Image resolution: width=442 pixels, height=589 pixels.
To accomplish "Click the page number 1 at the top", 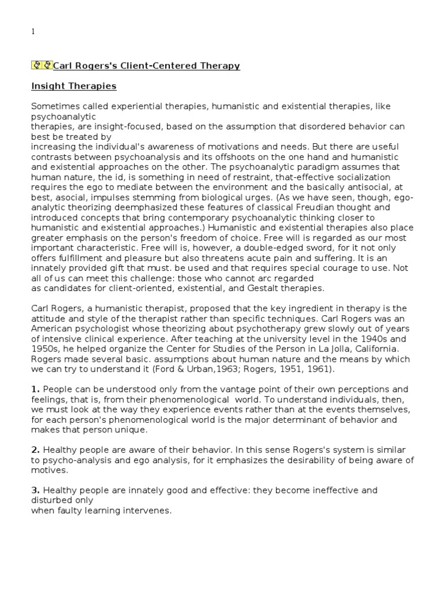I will (33, 32).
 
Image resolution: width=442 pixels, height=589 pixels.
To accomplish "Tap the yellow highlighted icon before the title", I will (41, 66).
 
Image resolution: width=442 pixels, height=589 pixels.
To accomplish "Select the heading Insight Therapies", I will (74, 86).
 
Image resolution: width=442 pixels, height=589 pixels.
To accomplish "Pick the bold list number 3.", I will (35, 490).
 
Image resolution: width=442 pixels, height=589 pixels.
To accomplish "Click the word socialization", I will (361, 177).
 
